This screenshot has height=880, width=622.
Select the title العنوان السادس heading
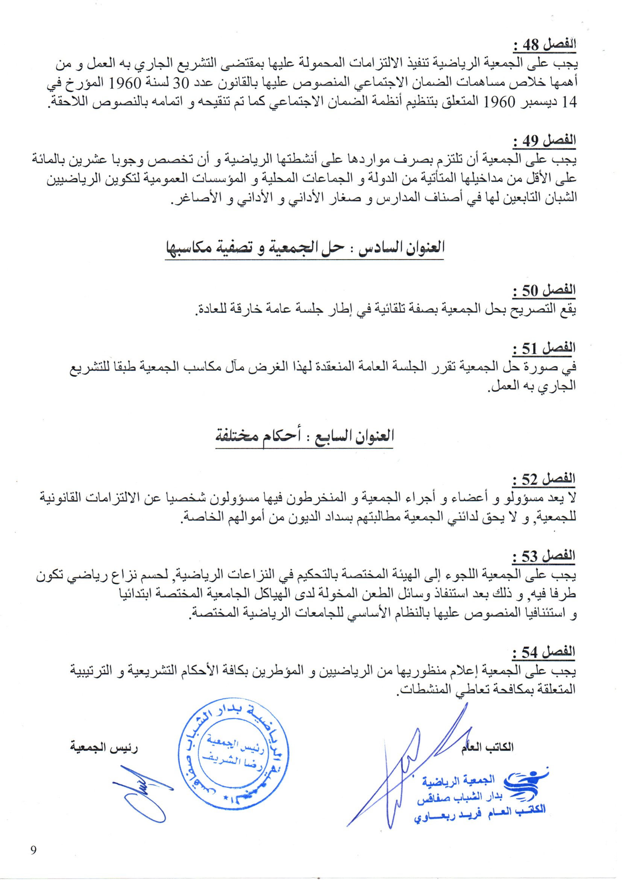pos(305,248)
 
